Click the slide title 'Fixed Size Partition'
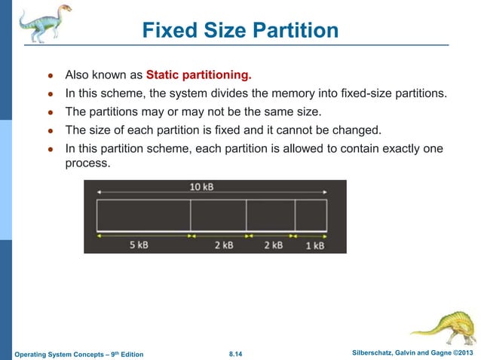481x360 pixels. click(x=240, y=32)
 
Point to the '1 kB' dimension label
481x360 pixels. click(x=314, y=246)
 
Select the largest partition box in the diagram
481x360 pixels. click(x=143, y=215)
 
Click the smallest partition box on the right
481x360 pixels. click(x=311, y=215)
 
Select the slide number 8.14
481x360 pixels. click(x=239, y=353)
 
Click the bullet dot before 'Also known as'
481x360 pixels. click(x=50, y=76)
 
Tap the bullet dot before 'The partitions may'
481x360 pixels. click(x=50, y=112)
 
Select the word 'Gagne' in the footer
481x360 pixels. click(x=437, y=352)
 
